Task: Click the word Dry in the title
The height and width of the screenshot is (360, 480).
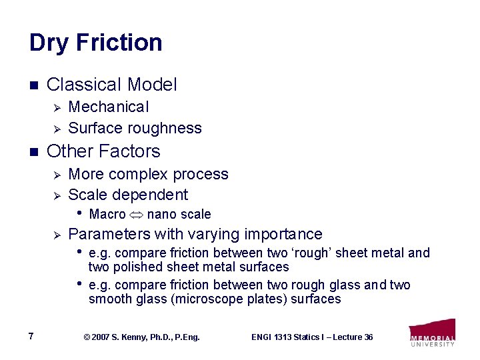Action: tap(49, 43)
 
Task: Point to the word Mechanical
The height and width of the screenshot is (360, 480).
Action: tap(109, 107)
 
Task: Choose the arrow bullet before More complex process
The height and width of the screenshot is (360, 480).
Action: tap(57, 175)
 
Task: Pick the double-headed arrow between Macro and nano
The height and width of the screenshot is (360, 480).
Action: tap(136, 215)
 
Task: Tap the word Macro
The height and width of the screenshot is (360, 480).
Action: tap(107, 215)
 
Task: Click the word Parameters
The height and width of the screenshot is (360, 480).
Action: tap(109, 234)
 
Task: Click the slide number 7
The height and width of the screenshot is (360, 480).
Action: tap(32, 336)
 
